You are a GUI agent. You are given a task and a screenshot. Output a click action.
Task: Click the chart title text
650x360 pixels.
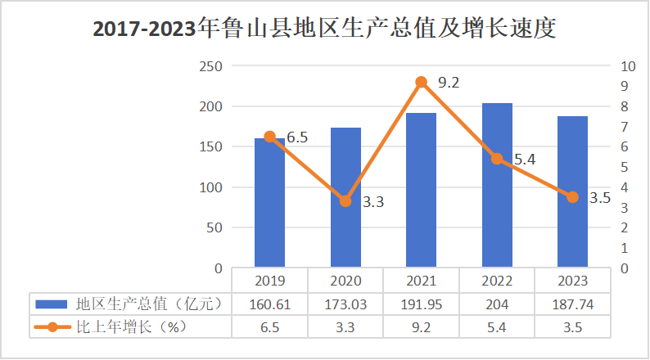tap(324, 29)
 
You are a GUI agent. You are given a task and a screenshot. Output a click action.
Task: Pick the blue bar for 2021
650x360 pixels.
tap(422, 191)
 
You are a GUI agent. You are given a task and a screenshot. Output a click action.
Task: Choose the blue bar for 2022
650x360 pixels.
tap(497, 186)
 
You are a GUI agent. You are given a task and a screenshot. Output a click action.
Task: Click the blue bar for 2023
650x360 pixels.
tap(572, 192)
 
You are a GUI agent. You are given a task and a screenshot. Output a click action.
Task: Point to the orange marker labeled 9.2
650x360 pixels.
tap(422, 82)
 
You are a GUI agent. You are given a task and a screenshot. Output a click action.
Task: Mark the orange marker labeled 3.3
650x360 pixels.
tap(345, 200)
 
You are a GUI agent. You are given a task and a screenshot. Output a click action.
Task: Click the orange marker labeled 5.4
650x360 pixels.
tap(497, 159)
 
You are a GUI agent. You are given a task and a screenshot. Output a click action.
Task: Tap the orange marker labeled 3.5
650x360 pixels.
tap(572, 197)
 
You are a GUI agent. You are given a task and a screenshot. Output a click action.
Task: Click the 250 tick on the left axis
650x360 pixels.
tap(210, 66)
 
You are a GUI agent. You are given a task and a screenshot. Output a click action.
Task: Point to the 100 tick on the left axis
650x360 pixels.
tap(210, 187)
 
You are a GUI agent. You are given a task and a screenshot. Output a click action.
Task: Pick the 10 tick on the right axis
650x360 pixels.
tap(628, 66)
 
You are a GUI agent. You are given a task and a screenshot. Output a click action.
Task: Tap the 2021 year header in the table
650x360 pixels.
tap(422, 281)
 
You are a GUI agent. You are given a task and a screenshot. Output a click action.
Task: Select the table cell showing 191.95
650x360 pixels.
tap(422, 304)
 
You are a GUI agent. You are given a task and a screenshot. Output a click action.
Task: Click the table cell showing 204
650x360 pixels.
tap(497, 304)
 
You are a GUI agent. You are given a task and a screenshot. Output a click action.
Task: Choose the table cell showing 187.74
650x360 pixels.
tap(572, 304)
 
